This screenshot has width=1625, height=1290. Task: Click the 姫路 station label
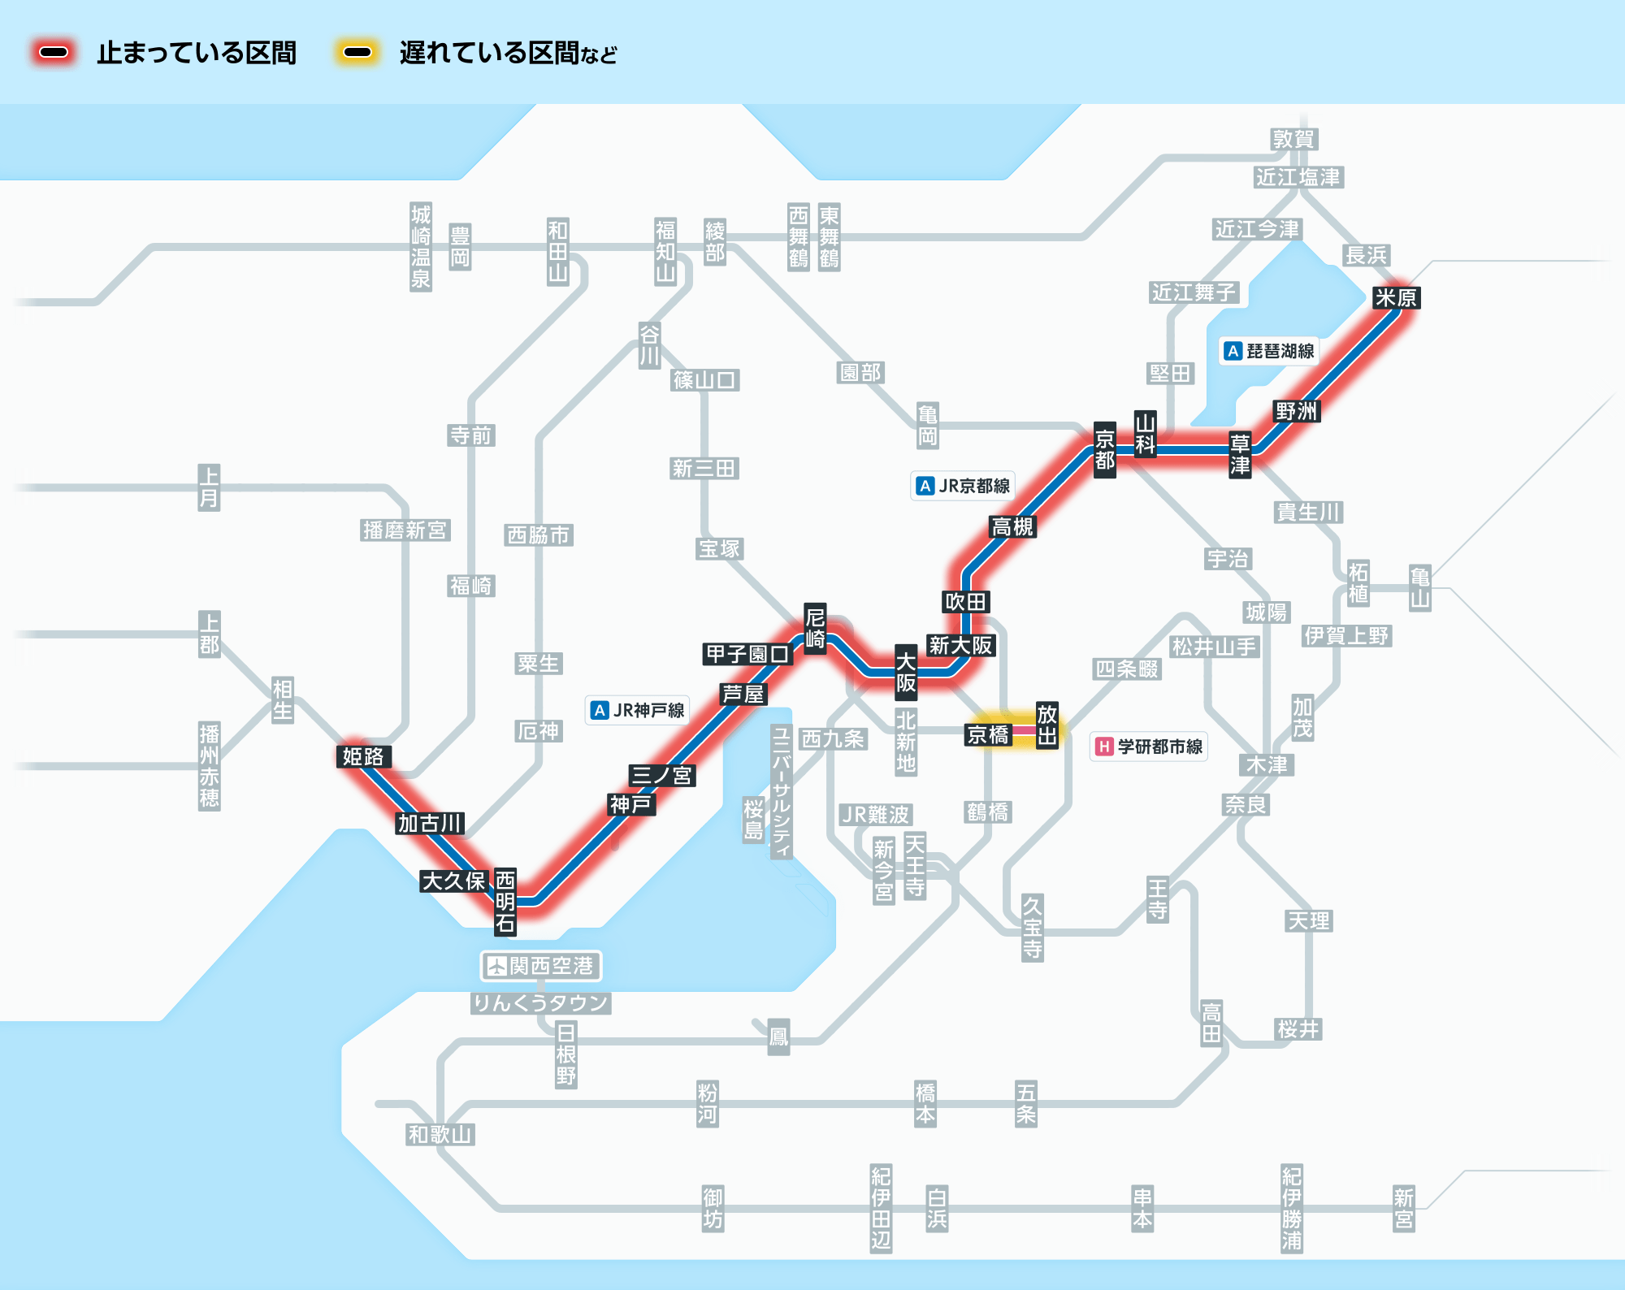click(x=362, y=756)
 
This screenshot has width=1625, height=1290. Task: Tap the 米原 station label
click(x=1395, y=298)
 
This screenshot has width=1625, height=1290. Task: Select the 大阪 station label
click(x=906, y=672)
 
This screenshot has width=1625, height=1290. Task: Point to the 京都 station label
click(x=1104, y=450)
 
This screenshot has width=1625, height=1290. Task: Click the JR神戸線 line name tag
click(x=638, y=710)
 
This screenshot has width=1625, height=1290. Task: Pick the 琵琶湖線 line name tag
click(x=1269, y=351)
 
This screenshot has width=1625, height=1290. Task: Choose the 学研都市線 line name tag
click(x=1149, y=747)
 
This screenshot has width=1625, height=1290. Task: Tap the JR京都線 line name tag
click(x=963, y=486)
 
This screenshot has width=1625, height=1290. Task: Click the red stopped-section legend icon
click(x=54, y=53)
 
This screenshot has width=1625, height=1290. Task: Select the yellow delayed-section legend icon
click(x=357, y=53)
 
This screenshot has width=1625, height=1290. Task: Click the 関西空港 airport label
click(x=541, y=966)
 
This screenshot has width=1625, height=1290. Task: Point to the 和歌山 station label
click(x=440, y=1135)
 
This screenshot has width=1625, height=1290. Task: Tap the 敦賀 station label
click(x=1293, y=140)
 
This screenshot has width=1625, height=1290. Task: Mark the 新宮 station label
click(x=1403, y=1208)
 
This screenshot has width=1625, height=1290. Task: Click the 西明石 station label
click(x=505, y=901)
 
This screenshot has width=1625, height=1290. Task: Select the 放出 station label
click(x=1046, y=725)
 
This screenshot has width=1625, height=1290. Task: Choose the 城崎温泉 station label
click(x=420, y=247)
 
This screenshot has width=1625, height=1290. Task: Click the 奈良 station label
click(x=1246, y=805)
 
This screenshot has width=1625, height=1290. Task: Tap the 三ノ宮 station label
click(x=661, y=775)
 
